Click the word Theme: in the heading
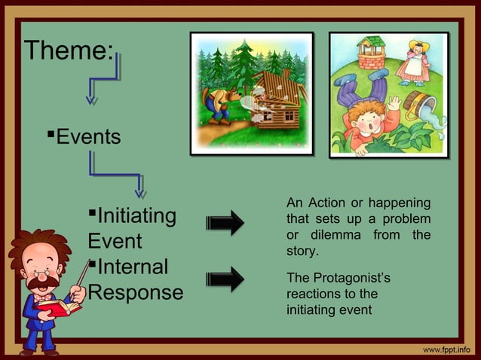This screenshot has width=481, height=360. tap(69, 51)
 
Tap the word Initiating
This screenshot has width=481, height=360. tap(136, 217)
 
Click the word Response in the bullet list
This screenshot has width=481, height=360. tap(136, 292)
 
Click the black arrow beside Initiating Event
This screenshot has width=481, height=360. tap(225, 223)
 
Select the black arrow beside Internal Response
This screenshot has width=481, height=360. tap(225, 279)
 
